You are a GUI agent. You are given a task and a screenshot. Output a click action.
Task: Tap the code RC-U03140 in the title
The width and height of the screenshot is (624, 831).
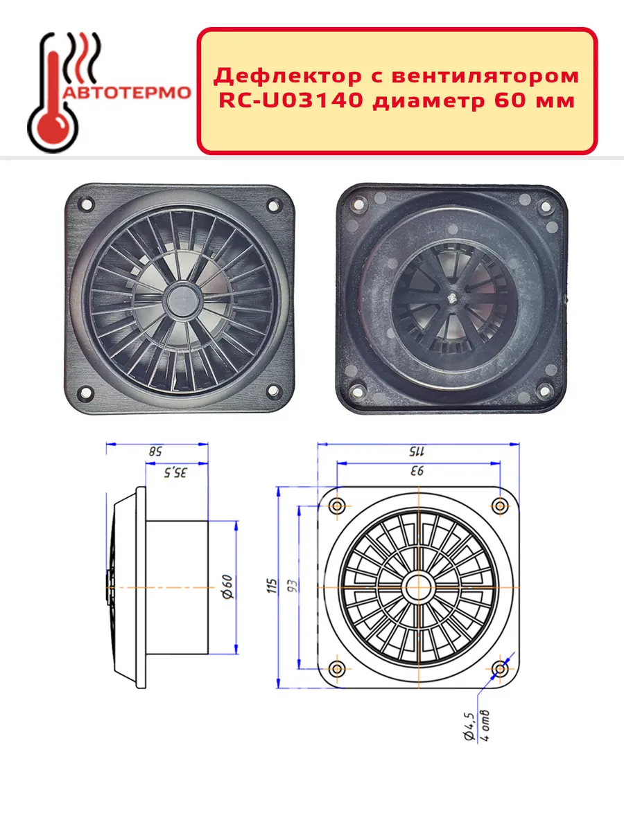click(x=291, y=100)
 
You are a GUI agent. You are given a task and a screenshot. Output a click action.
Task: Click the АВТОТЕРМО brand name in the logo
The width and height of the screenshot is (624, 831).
click(x=127, y=93)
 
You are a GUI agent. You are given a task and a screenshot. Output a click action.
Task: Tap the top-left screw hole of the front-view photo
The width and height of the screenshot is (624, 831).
click(x=87, y=205)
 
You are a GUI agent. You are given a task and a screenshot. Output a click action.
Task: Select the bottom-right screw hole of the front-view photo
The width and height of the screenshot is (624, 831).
click(x=274, y=391)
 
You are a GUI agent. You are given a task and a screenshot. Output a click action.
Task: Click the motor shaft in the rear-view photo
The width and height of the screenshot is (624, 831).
click(x=451, y=299)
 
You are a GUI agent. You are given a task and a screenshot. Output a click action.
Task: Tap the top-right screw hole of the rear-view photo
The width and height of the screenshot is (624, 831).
click(x=545, y=206)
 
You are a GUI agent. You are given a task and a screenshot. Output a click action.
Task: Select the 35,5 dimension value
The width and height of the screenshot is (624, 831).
click(x=175, y=472)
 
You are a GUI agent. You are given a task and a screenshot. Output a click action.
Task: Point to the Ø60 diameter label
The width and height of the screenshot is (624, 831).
click(x=227, y=587)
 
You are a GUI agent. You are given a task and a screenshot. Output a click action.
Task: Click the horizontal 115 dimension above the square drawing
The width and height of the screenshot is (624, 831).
click(x=417, y=452)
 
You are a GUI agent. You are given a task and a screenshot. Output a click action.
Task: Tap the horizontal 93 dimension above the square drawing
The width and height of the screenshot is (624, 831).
click(x=417, y=471)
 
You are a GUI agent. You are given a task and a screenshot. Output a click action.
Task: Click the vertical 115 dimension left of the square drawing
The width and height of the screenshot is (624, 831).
click(x=272, y=586)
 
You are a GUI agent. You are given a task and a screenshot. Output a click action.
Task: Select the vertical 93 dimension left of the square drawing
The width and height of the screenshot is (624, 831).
click(x=293, y=586)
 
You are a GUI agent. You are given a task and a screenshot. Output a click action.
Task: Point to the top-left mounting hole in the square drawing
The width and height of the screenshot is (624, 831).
click(x=337, y=506)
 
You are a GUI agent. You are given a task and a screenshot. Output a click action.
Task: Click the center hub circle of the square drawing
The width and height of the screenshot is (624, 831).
click(x=418, y=587)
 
